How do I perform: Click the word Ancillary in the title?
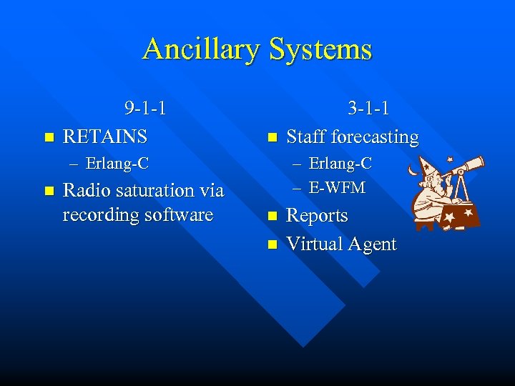click(202, 49)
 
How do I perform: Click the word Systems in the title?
click(320, 49)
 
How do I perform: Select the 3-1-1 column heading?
click(368, 109)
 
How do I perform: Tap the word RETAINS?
click(105, 136)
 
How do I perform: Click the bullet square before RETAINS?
click(48, 137)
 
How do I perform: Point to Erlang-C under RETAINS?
click(117, 164)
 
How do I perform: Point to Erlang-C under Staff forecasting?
click(340, 164)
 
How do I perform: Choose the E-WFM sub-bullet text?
click(337, 188)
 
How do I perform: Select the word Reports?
click(317, 216)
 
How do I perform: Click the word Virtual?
click(314, 244)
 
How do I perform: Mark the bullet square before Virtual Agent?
click(271, 244)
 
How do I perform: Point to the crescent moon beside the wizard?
click(412, 172)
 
